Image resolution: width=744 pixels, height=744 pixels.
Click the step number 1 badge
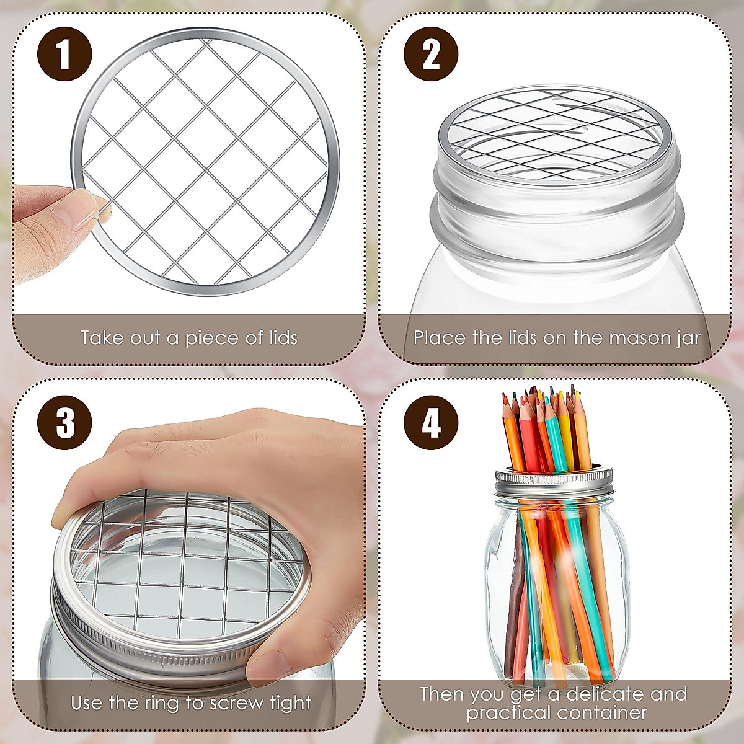tap(64, 54)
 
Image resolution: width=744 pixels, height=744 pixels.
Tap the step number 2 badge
tap(431, 54)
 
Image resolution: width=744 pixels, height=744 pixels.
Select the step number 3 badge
tap(64, 423)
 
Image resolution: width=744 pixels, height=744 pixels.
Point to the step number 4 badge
tap(431, 423)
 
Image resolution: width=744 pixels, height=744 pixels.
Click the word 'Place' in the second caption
tap(440, 339)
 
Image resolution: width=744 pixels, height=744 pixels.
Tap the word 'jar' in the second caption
tap(688, 339)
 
